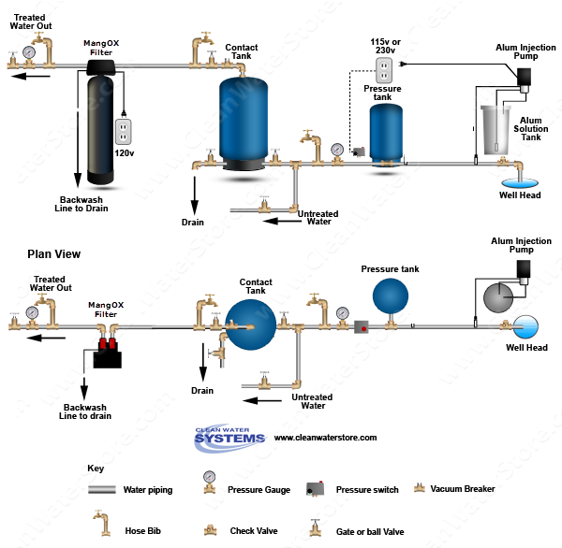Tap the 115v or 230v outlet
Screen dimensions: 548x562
[x=382, y=69]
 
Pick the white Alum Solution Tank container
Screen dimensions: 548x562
[x=495, y=131]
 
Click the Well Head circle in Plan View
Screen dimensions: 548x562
[x=526, y=326]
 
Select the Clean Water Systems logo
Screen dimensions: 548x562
[x=227, y=438]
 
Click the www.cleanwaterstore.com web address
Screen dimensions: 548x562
[x=325, y=438]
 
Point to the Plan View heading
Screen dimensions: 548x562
[x=53, y=253]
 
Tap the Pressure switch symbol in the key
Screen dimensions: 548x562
[x=314, y=489]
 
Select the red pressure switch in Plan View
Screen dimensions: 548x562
[x=361, y=326]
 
